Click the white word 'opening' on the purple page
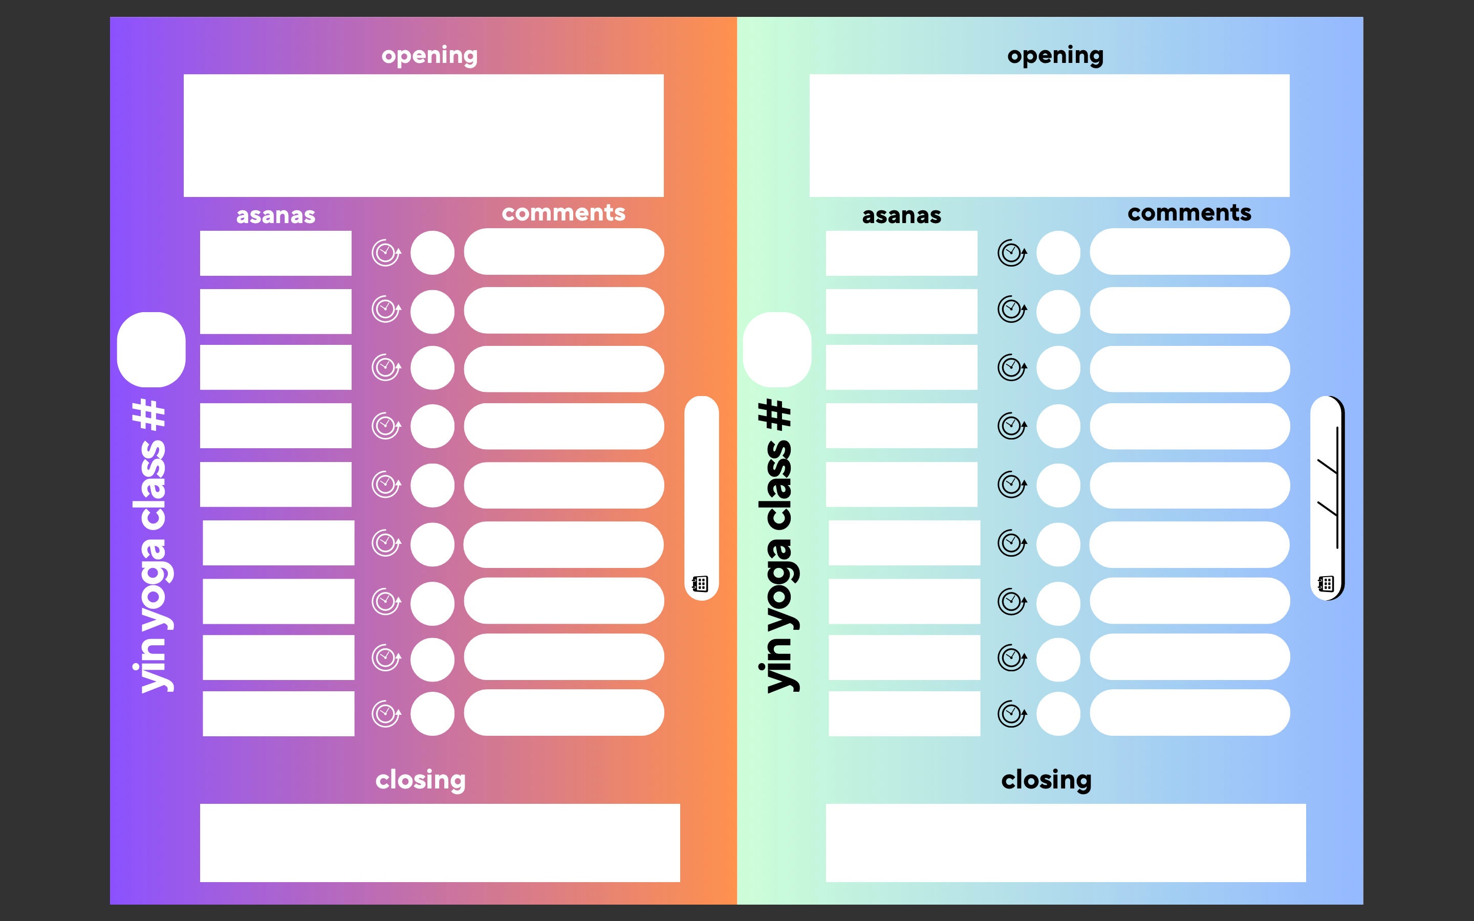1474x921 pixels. point(429,55)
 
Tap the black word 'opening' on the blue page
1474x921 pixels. point(1055,55)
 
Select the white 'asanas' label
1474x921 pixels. point(276,215)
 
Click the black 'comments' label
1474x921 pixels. point(1189,212)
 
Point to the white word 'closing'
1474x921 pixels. point(420,780)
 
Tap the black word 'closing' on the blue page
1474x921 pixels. point(1047,780)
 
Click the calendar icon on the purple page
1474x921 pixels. point(700,583)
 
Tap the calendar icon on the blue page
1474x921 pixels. point(1326,583)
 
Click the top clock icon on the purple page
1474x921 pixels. point(386,252)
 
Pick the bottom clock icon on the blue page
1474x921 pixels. point(1012,713)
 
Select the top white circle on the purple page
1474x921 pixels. point(432,253)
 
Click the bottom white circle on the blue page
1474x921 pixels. point(1058,714)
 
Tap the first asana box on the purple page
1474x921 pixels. point(276,253)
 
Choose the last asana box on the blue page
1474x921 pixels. point(904,713)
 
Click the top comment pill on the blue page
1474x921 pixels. point(1189,252)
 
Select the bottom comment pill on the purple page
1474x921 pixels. point(564,713)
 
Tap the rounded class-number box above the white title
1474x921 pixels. point(151,349)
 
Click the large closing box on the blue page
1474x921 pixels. point(1066,843)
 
